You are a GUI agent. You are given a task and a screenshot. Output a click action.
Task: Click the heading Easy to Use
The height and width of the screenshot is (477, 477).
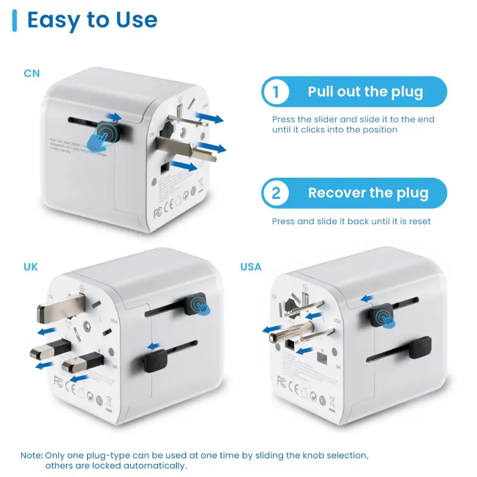[x=92, y=20]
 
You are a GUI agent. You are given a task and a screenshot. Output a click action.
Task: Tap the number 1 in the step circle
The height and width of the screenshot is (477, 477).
[x=275, y=92]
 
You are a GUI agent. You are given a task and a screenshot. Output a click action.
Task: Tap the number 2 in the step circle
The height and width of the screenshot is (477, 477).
[x=276, y=193]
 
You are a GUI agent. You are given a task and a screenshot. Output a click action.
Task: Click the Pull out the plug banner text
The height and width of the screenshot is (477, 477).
[x=366, y=92]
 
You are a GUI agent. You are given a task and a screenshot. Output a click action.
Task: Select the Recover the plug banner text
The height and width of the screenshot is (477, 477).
[x=368, y=193]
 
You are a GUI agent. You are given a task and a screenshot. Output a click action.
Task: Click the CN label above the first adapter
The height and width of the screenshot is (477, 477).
[x=32, y=74]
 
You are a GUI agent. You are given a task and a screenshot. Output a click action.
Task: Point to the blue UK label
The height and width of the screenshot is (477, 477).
[x=30, y=267]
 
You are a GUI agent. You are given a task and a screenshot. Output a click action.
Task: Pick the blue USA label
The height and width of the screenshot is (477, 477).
[x=251, y=267]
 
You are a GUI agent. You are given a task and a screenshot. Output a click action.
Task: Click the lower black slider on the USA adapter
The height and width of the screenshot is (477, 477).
[x=417, y=345]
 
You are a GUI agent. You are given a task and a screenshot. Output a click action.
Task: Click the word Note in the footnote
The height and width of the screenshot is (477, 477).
[x=31, y=455]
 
